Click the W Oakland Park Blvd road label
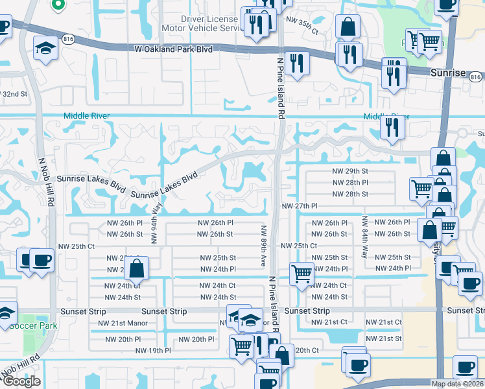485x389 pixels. click(174, 49)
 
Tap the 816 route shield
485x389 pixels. click(68, 40)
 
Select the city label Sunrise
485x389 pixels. click(447, 73)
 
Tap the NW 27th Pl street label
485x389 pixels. click(300, 206)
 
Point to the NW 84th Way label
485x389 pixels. click(365, 237)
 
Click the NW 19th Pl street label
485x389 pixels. click(153, 351)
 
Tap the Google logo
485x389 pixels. click(21, 381)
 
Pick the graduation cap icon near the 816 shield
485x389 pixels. click(45, 49)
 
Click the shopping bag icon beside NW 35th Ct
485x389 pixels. click(348, 28)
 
